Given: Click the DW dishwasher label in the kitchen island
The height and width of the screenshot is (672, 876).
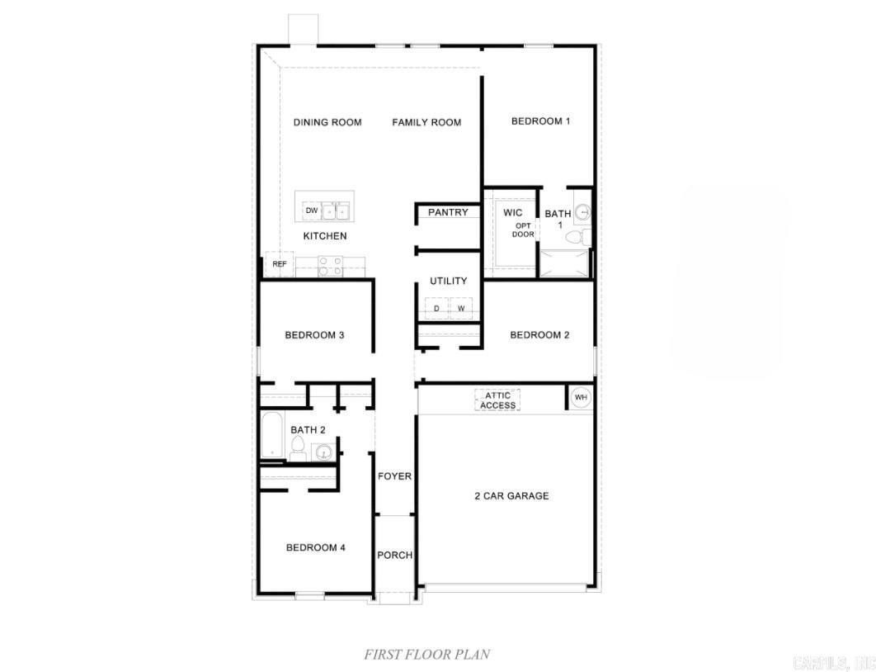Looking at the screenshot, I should [311, 211].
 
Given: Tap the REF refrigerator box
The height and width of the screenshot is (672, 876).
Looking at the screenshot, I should [280, 264].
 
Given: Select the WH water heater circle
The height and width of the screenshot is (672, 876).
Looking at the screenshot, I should [581, 397].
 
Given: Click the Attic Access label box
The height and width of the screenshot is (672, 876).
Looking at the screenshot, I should [497, 400].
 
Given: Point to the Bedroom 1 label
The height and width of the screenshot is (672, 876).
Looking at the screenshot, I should [540, 121].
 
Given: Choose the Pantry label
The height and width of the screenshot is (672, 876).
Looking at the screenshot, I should [448, 212].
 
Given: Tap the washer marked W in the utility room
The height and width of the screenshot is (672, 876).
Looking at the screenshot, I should [461, 309].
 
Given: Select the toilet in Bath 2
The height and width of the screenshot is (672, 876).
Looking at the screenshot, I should [298, 449].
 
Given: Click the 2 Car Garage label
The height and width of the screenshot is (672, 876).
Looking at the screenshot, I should [511, 496].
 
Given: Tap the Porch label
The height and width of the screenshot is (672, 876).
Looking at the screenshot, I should [395, 555].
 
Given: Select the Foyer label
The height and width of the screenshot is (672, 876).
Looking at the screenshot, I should [394, 476].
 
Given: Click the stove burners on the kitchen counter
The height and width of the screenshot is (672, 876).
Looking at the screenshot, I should [330, 265].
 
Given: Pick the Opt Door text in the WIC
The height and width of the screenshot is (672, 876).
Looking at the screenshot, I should [523, 230].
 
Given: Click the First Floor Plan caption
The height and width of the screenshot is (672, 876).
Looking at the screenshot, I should [427, 654].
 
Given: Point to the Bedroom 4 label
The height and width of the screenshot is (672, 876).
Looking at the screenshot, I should [315, 547].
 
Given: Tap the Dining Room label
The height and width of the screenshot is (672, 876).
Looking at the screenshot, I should [327, 122].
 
